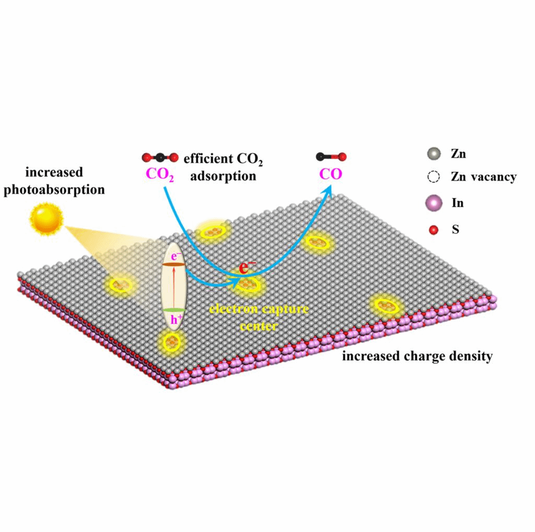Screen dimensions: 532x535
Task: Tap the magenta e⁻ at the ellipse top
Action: tap(172, 256)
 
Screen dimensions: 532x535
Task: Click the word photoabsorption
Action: tap(54, 189)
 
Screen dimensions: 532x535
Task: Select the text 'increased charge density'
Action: tap(417, 357)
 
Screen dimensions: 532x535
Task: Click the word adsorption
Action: tap(223, 176)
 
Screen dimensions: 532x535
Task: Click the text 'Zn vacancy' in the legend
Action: tap(484, 177)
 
